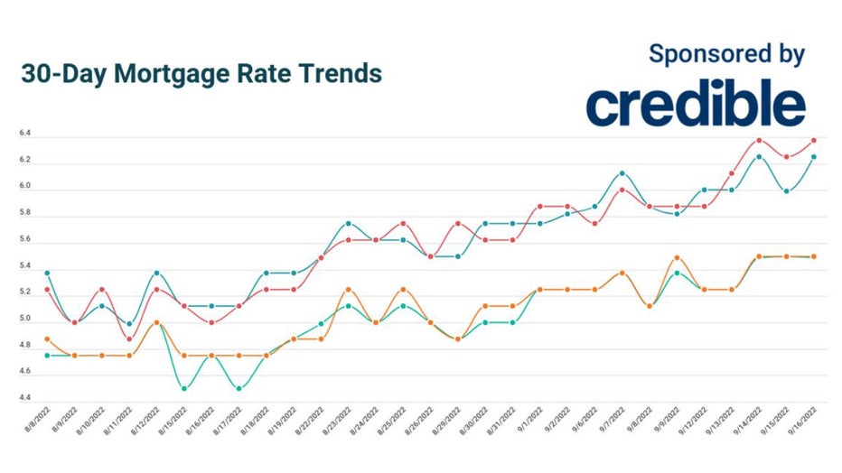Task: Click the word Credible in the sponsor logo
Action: (695, 107)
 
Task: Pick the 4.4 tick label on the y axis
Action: (24, 398)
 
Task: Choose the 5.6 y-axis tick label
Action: (24, 240)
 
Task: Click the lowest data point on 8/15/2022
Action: (184, 388)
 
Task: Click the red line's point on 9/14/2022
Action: (759, 140)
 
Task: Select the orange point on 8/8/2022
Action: (47, 339)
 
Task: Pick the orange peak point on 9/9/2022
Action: (677, 257)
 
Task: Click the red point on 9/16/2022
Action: (814, 140)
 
